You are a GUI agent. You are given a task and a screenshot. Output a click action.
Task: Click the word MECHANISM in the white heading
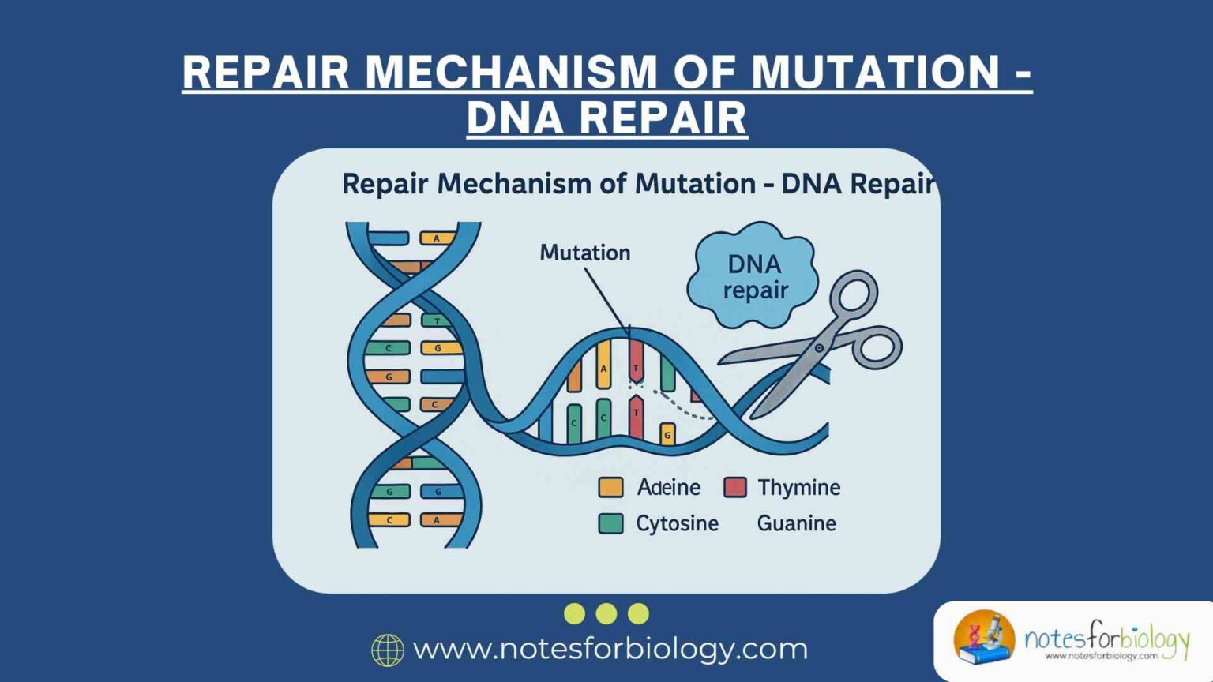[x=510, y=72]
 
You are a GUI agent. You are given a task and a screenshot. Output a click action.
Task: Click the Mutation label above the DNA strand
[x=584, y=253]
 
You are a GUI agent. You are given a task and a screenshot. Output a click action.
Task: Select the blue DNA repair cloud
[x=754, y=276]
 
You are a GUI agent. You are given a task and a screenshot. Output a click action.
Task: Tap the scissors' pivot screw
[x=819, y=348]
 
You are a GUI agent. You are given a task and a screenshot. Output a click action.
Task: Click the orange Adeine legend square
[x=610, y=487]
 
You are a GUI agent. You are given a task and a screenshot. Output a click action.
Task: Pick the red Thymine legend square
[x=735, y=487]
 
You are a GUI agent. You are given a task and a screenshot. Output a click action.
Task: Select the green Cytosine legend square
[x=610, y=523]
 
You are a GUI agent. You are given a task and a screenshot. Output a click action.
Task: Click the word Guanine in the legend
[x=796, y=523]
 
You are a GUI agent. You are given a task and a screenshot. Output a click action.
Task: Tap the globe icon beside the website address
[x=388, y=650]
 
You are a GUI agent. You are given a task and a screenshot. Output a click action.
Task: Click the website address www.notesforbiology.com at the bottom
[x=610, y=649]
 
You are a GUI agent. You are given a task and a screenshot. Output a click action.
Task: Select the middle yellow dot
[x=606, y=613]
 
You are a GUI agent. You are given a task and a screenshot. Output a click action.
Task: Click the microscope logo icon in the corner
[x=984, y=637]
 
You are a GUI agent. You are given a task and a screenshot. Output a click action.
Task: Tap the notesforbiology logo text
[x=1106, y=638]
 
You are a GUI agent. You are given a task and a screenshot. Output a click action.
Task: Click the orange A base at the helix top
[x=437, y=238]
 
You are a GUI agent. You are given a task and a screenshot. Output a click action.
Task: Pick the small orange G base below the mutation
[x=667, y=434]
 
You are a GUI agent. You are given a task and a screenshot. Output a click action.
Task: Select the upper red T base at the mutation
[x=636, y=365]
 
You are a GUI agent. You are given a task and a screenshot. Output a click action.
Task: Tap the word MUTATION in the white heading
[x=875, y=72]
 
